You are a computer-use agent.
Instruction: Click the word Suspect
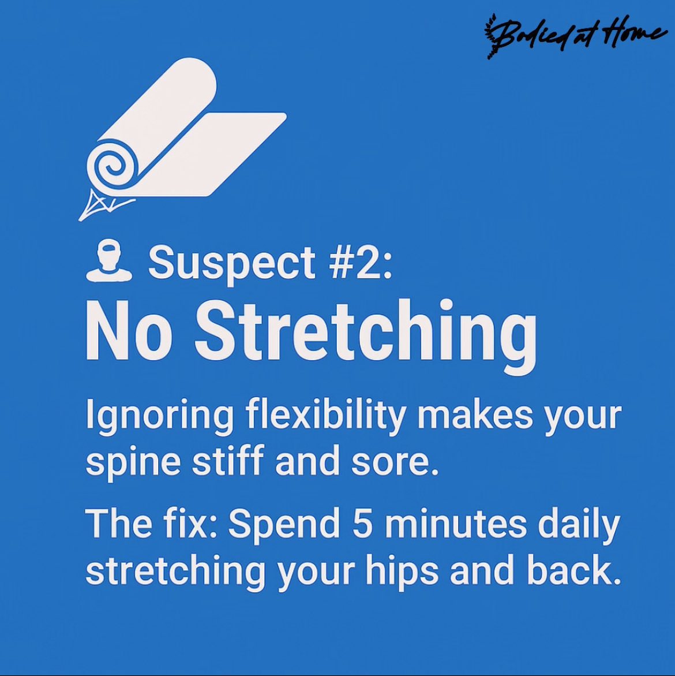[x=231, y=263]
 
